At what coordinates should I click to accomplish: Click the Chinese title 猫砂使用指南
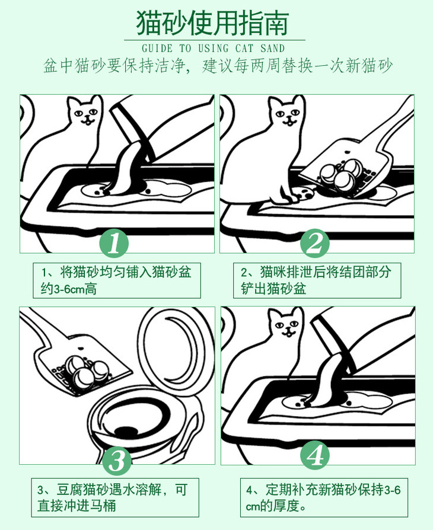coord(212,23)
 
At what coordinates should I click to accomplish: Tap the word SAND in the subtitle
coord(273,49)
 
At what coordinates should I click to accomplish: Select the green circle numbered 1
coord(114,242)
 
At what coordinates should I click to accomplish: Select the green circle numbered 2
coord(315,242)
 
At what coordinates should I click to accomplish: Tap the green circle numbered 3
coord(117,461)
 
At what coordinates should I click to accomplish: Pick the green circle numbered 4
coord(316,455)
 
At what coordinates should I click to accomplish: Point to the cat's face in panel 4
coord(286,324)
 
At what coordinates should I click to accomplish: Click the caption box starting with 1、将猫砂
coord(117,280)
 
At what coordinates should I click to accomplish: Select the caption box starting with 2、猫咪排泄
coord(317,280)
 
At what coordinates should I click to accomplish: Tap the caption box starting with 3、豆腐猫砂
coord(115,497)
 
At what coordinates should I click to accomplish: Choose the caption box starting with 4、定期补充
coord(324,497)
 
